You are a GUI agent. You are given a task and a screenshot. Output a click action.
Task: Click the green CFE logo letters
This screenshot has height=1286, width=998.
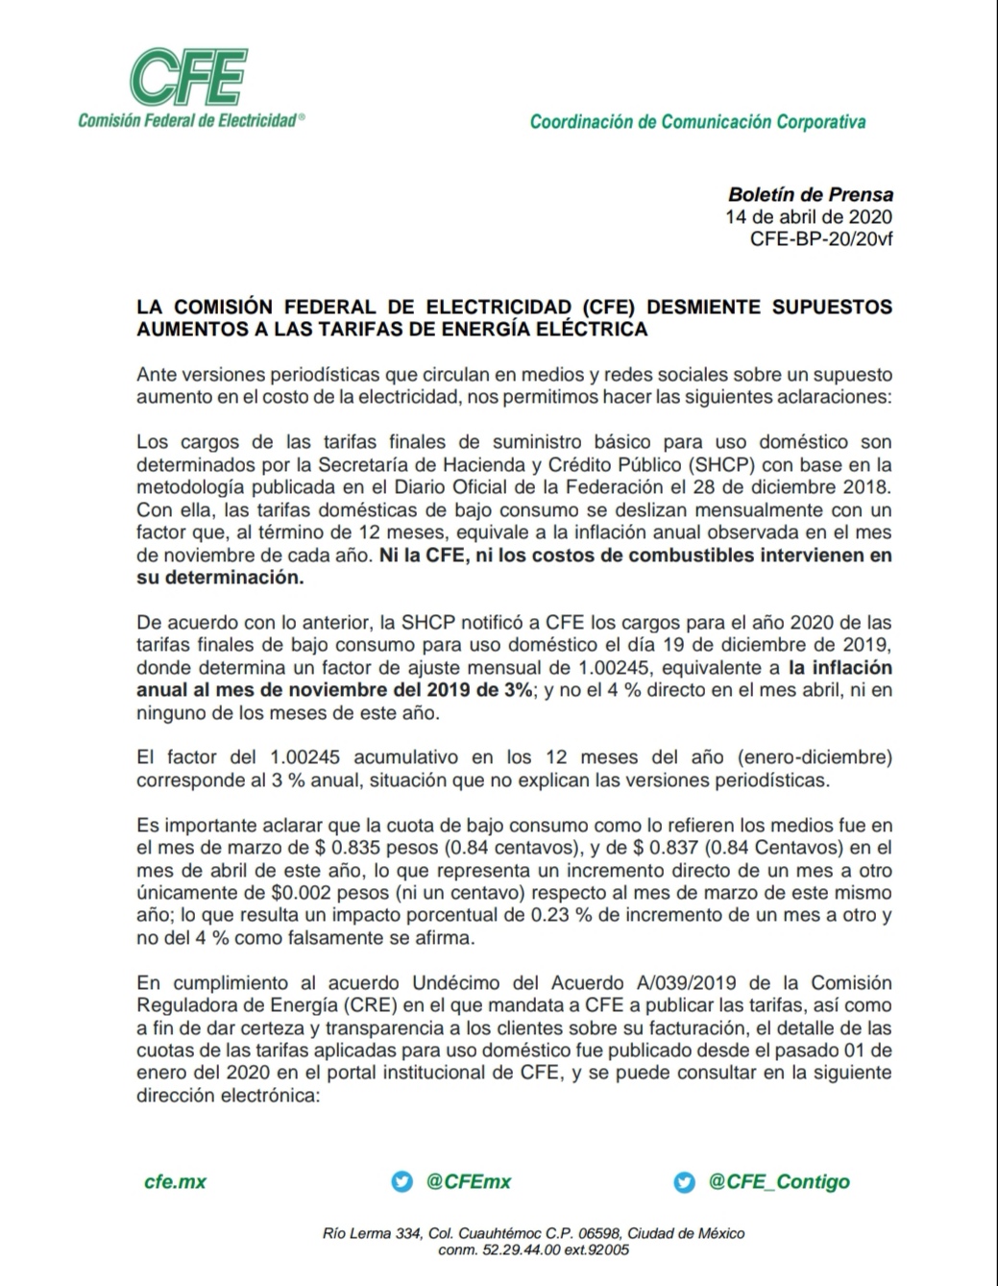pyautogui.click(x=188, y=76)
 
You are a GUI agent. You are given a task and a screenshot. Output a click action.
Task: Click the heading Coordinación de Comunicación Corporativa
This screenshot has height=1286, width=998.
pyautogui.click(x=697, y=122)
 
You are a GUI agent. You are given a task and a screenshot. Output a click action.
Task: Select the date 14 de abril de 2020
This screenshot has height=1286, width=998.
pyautogui.click(x=809, y=216)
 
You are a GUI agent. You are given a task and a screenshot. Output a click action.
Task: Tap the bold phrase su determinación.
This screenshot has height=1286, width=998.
pyautogui.click(x=220, y=578)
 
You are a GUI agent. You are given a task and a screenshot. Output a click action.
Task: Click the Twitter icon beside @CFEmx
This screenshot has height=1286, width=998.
pyautogui.click(x=402, y=1182)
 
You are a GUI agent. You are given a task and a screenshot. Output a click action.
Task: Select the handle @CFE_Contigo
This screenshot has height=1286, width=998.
pyautogui.click(x=779, y=1182)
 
